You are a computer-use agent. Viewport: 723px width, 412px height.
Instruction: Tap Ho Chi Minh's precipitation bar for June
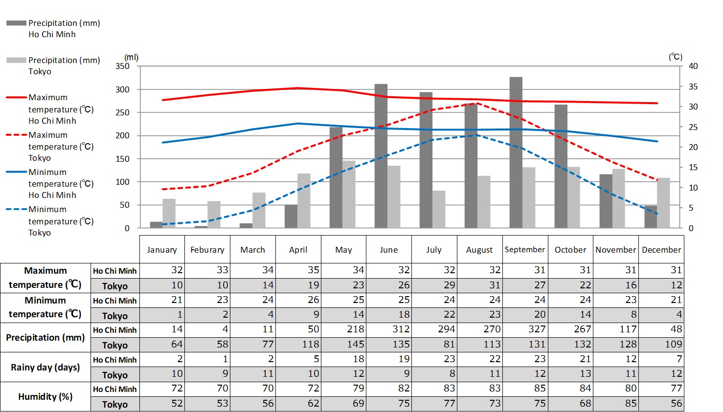click(381, 156)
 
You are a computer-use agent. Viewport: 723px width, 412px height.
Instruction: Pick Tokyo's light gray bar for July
click(439, 209)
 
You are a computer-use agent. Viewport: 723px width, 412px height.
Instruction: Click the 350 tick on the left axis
click(123, 66)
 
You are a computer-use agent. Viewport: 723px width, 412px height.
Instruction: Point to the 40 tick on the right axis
click(693, 66)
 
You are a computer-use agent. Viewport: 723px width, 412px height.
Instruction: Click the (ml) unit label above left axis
click(131, 58)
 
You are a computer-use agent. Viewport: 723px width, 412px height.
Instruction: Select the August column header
click(479, 250)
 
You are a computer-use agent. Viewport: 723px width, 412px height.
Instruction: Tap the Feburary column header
click(207, 250)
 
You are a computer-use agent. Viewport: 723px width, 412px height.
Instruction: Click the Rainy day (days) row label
click(45, 367)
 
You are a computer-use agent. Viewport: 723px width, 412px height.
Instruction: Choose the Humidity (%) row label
click(45, 396)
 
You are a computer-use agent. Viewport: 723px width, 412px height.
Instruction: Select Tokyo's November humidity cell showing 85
click(616, 403)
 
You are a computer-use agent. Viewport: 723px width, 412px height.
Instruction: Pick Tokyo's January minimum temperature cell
click(162, 315)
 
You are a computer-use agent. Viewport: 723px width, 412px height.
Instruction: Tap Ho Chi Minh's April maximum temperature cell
click(298, 270)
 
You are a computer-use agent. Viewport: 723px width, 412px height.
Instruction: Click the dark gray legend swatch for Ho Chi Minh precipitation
click(16, 23)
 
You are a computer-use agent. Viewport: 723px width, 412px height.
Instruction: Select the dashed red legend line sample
click(16, 135)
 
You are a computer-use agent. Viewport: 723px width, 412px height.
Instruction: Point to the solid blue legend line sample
click(16, 172)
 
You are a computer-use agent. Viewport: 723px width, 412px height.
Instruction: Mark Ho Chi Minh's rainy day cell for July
click(434, 359)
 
